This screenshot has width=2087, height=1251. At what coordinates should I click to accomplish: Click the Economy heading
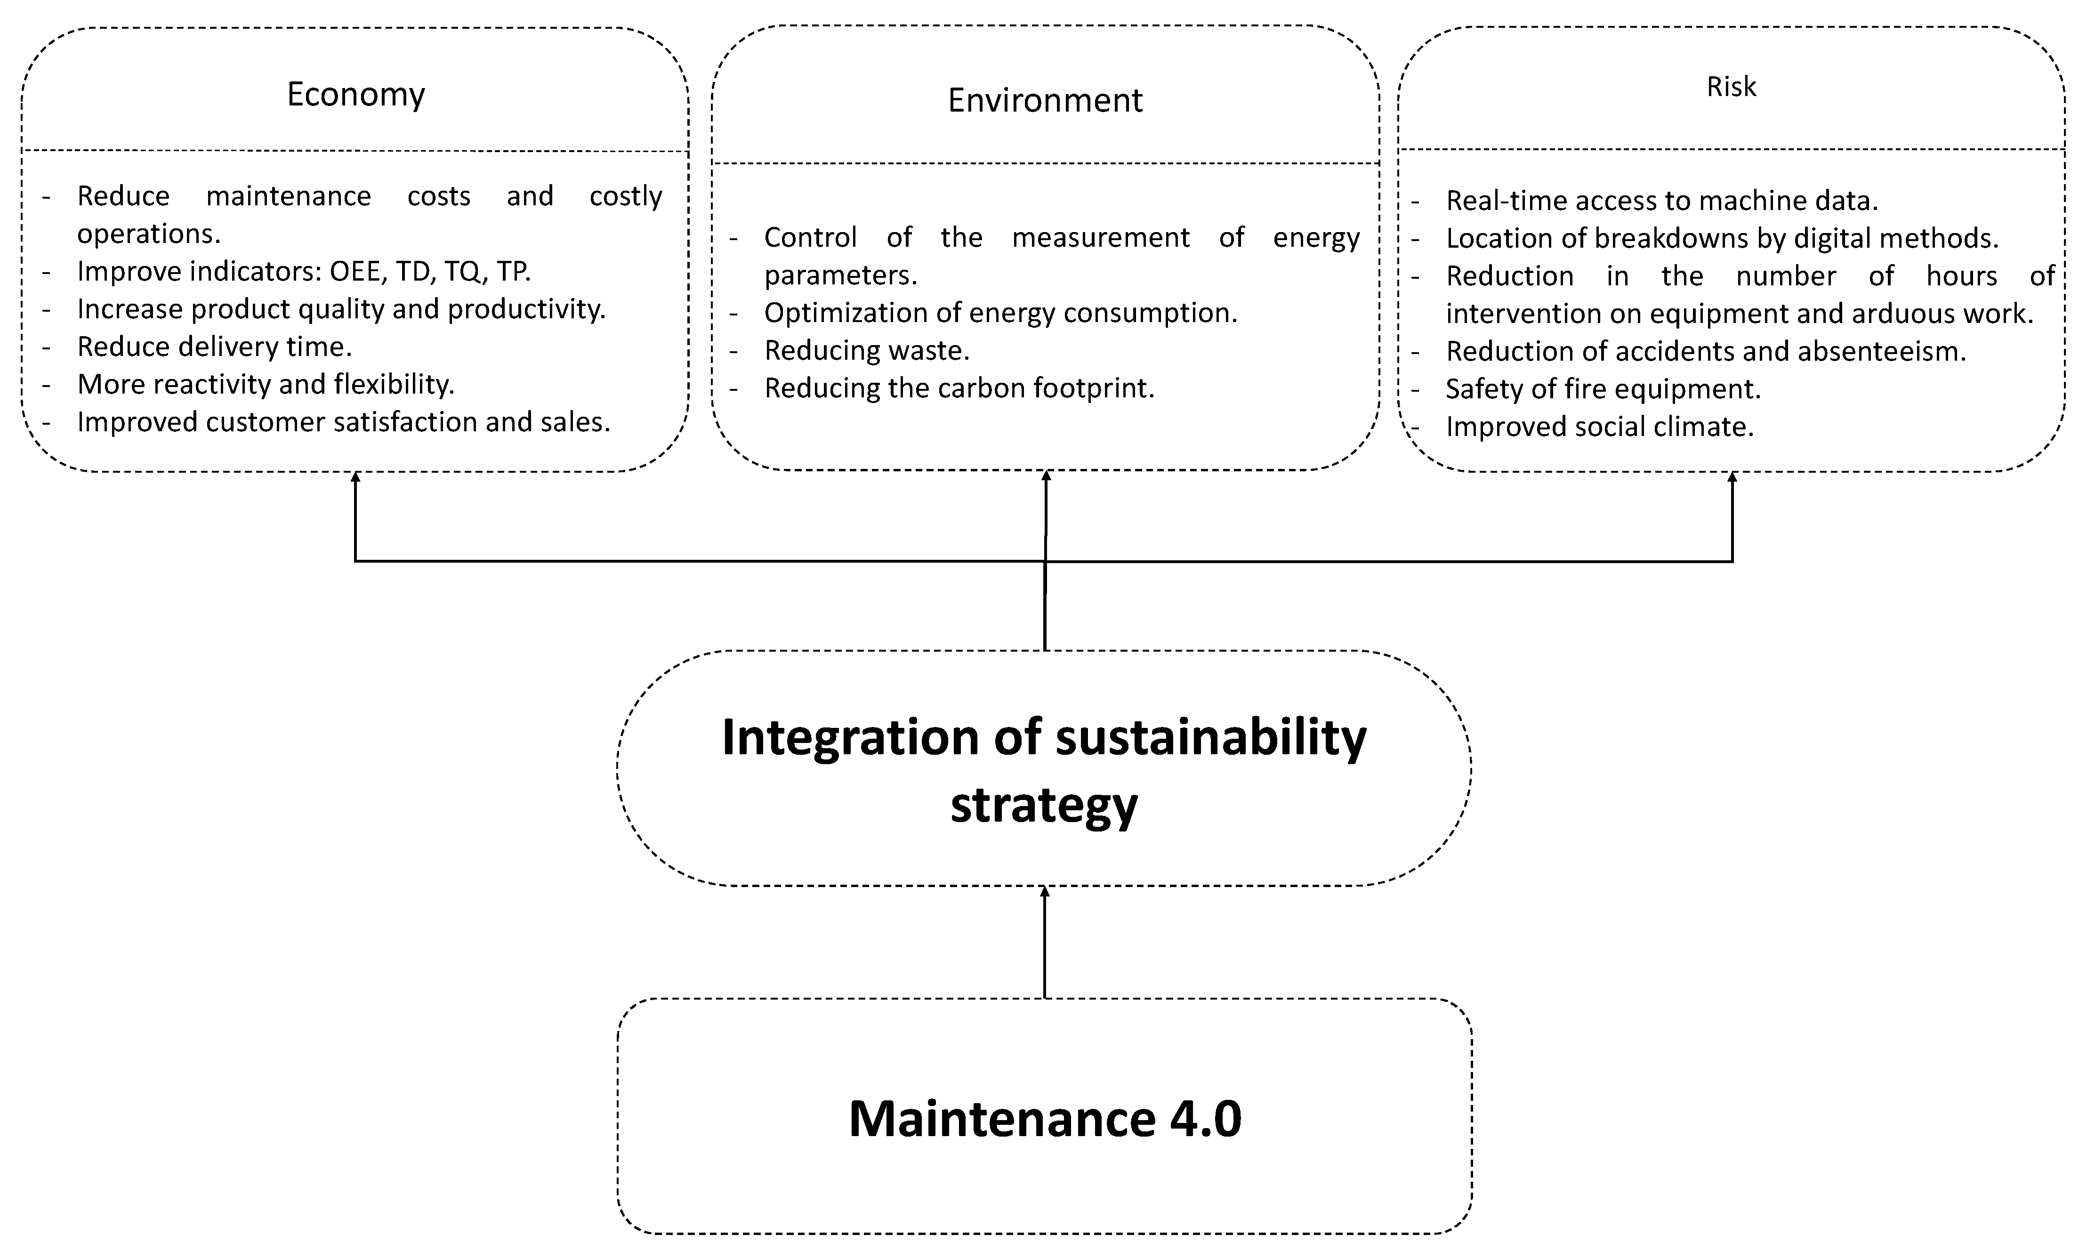(356, 95)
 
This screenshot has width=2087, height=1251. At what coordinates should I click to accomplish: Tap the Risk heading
(1731, 87)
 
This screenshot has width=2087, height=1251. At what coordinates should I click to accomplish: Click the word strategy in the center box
(1044, 805)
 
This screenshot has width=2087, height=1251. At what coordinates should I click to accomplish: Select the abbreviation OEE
(355, 272)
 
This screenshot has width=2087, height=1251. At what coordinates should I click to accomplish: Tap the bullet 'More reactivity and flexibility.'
(266, 384)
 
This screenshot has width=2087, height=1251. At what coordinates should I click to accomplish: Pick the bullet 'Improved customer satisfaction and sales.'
(343, 421)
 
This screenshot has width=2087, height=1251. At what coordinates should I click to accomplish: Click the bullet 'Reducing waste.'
(867, 350)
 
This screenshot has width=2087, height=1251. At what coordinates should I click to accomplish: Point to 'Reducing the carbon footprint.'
(959, 388)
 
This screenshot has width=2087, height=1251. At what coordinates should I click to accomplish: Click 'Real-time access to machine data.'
(1661, 201)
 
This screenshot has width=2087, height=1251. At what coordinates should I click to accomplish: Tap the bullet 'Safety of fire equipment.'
(1603, 388)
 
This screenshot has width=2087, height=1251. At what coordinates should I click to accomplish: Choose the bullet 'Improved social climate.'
(1599, 427)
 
